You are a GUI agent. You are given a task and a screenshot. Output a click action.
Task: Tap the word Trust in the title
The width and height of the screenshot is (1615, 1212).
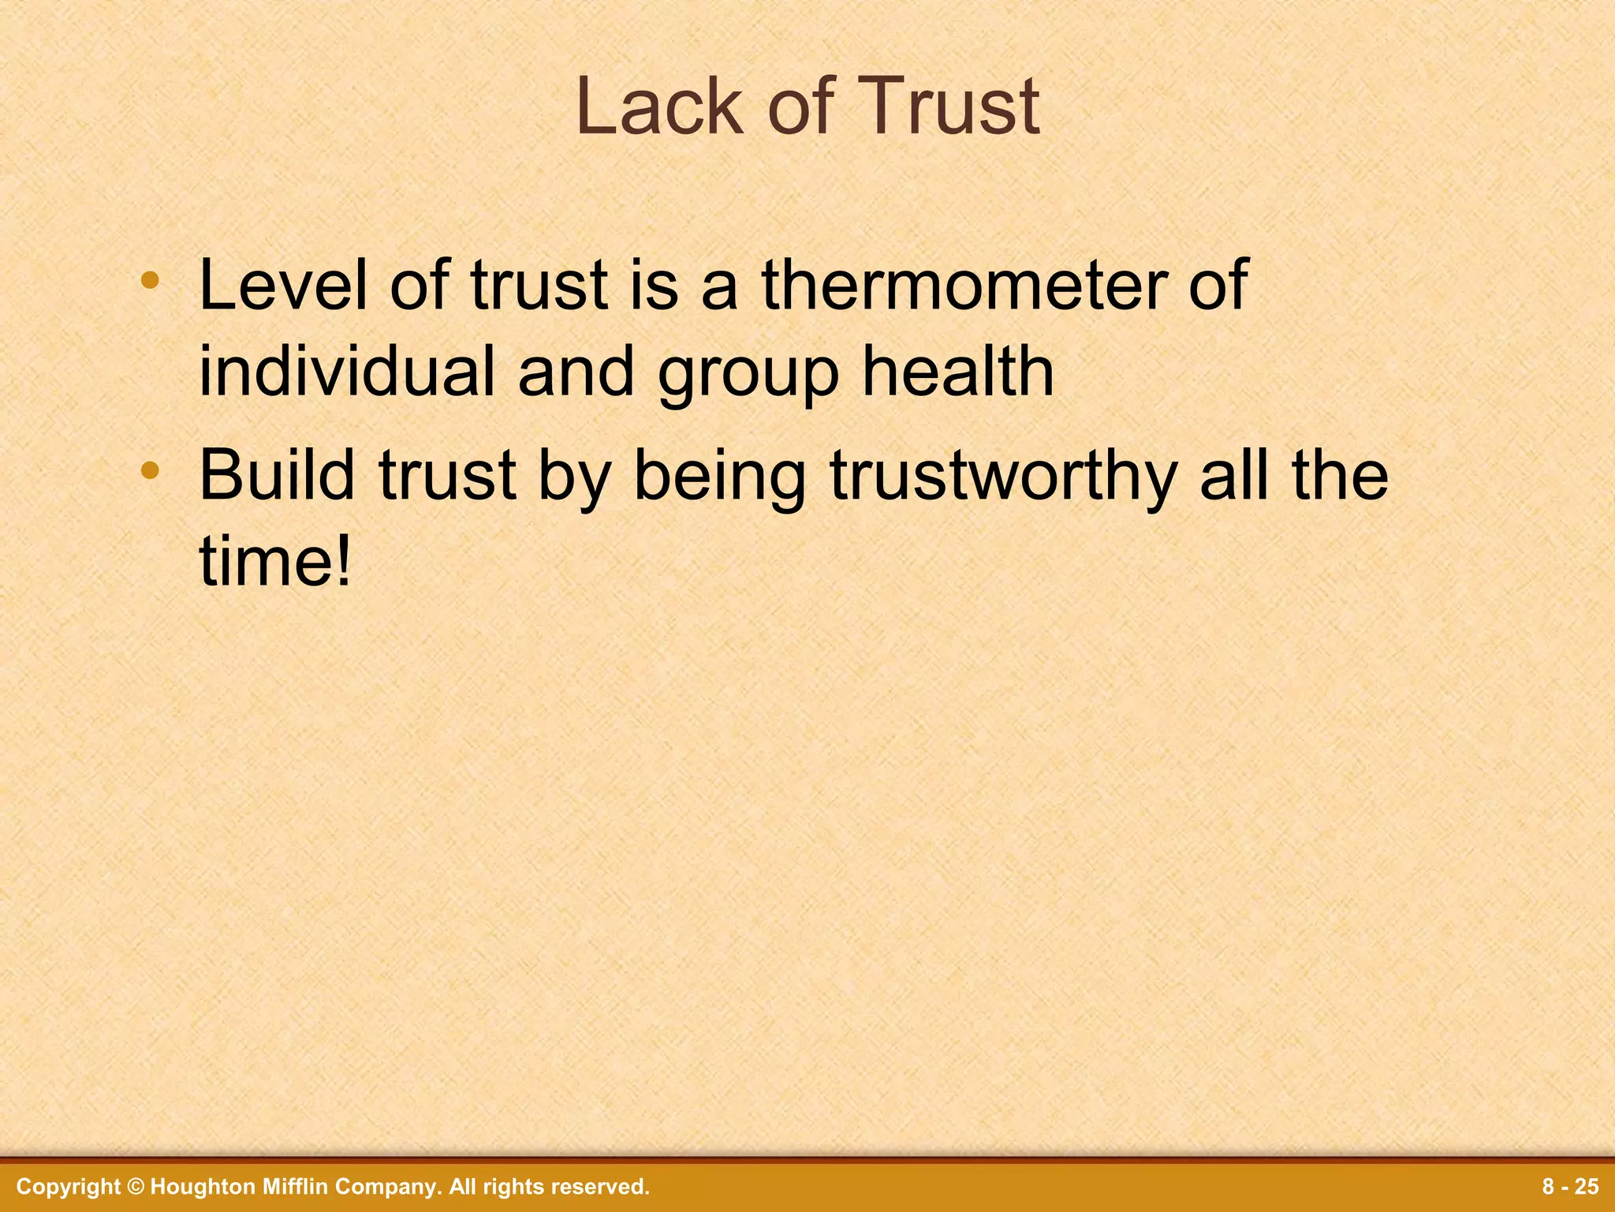945,107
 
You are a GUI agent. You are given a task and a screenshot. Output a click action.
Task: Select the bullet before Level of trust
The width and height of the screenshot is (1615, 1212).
150,280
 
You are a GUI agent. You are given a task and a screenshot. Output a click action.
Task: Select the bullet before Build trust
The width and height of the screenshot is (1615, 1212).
150,472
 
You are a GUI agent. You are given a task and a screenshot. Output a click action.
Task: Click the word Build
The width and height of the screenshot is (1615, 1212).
277,476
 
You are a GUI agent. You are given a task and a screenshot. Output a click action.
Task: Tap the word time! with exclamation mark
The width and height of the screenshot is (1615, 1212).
274,562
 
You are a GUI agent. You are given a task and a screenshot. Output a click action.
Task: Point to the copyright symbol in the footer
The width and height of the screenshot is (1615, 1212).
136,1187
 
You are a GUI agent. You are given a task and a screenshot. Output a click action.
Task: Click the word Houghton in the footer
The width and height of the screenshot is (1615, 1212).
194,1187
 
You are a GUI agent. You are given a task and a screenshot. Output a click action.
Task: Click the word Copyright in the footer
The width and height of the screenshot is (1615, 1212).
69,1187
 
